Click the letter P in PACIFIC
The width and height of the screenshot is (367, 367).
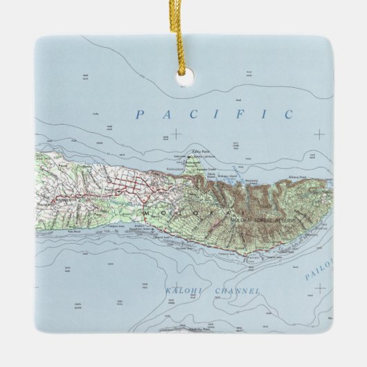tap(140, 114)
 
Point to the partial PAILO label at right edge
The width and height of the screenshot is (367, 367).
tap(319, 267)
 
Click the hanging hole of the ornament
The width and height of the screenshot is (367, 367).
tap(183, 79)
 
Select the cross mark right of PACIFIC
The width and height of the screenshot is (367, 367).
tap(319, 134)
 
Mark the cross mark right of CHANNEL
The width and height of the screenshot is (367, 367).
tap(319, 307)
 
